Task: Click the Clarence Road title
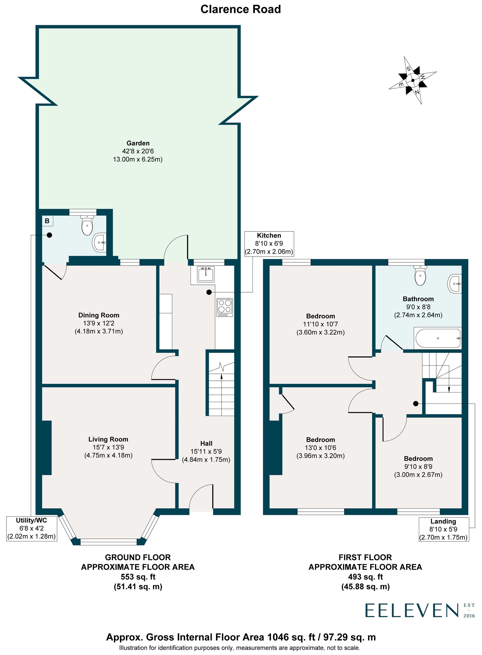click(x=241, y=9)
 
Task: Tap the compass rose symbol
click(x=413, y=80)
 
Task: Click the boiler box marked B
click(x=47, y=221)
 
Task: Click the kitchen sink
click(x=206, y=274)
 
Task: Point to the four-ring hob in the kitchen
click(x=225, y=307)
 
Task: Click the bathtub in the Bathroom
click(x=438, y=338)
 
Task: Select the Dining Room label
click(x=99, y=315)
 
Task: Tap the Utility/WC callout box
click(x=32, y=528)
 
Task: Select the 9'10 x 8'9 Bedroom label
click(x=418, y=466)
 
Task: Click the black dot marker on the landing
click(x=415, y=404)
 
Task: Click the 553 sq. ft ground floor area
click(x=138, y=577)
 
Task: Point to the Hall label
click(x=206, y=443)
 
